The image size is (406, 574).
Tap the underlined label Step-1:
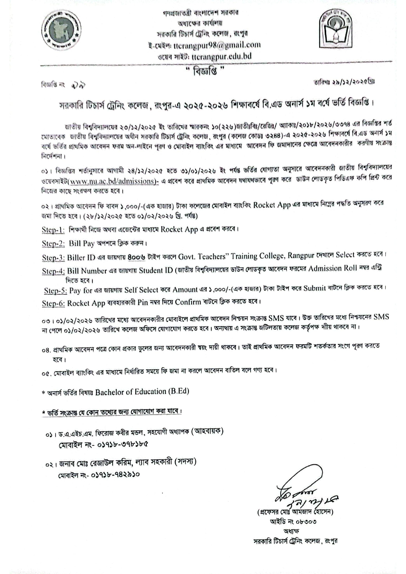tap(53, 230)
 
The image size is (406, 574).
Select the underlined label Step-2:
tap(53, 244)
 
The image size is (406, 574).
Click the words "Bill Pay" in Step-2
tap(82, 244)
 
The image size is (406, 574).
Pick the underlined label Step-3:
tap(53, 258)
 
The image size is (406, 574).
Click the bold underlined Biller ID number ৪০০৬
tap(137, 257)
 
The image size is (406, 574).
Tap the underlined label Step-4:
tap(53, 271)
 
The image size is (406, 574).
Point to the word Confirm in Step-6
tap(188, 302)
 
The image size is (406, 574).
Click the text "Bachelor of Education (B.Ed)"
tap(142, 392)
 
